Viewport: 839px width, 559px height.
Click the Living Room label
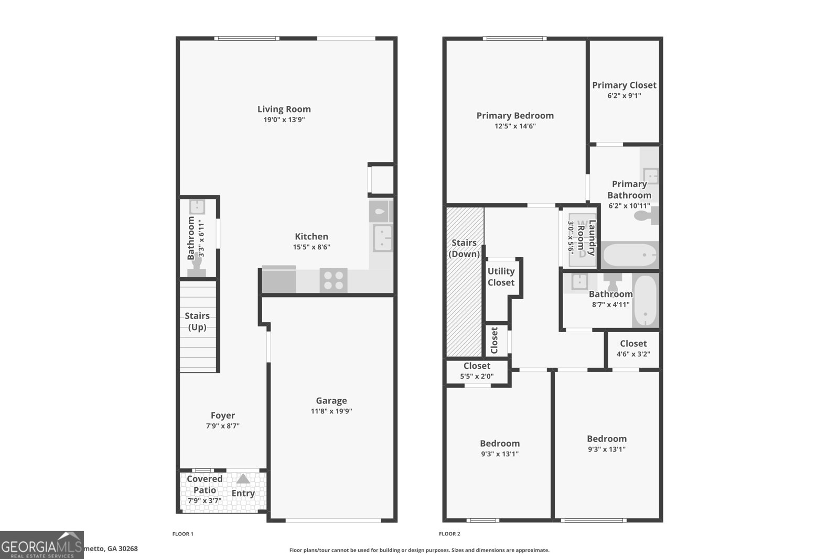point(284,109)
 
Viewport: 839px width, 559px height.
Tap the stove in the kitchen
point(334,280)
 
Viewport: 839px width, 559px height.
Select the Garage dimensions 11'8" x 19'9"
point(331,411)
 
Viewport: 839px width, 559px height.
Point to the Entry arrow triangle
point(243,479)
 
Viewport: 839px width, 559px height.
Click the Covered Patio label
point(205,485)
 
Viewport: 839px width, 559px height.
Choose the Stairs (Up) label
point(197,321)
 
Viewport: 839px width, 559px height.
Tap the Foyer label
point(223,415)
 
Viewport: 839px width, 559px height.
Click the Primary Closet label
point(624,85)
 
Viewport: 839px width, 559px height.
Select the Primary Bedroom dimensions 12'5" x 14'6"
point(515,126)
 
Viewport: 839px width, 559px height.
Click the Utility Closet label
point(501,277)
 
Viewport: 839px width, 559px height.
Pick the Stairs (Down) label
point(464,248)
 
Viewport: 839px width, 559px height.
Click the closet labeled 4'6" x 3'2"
point(633,348)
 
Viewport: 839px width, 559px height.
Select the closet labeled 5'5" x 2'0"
point(477,371)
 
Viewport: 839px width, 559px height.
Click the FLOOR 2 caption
point(449,534)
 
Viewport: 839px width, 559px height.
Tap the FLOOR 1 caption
point(183,534)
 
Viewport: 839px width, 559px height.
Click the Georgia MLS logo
point(41,545)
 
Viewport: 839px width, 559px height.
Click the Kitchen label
point(311,236)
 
